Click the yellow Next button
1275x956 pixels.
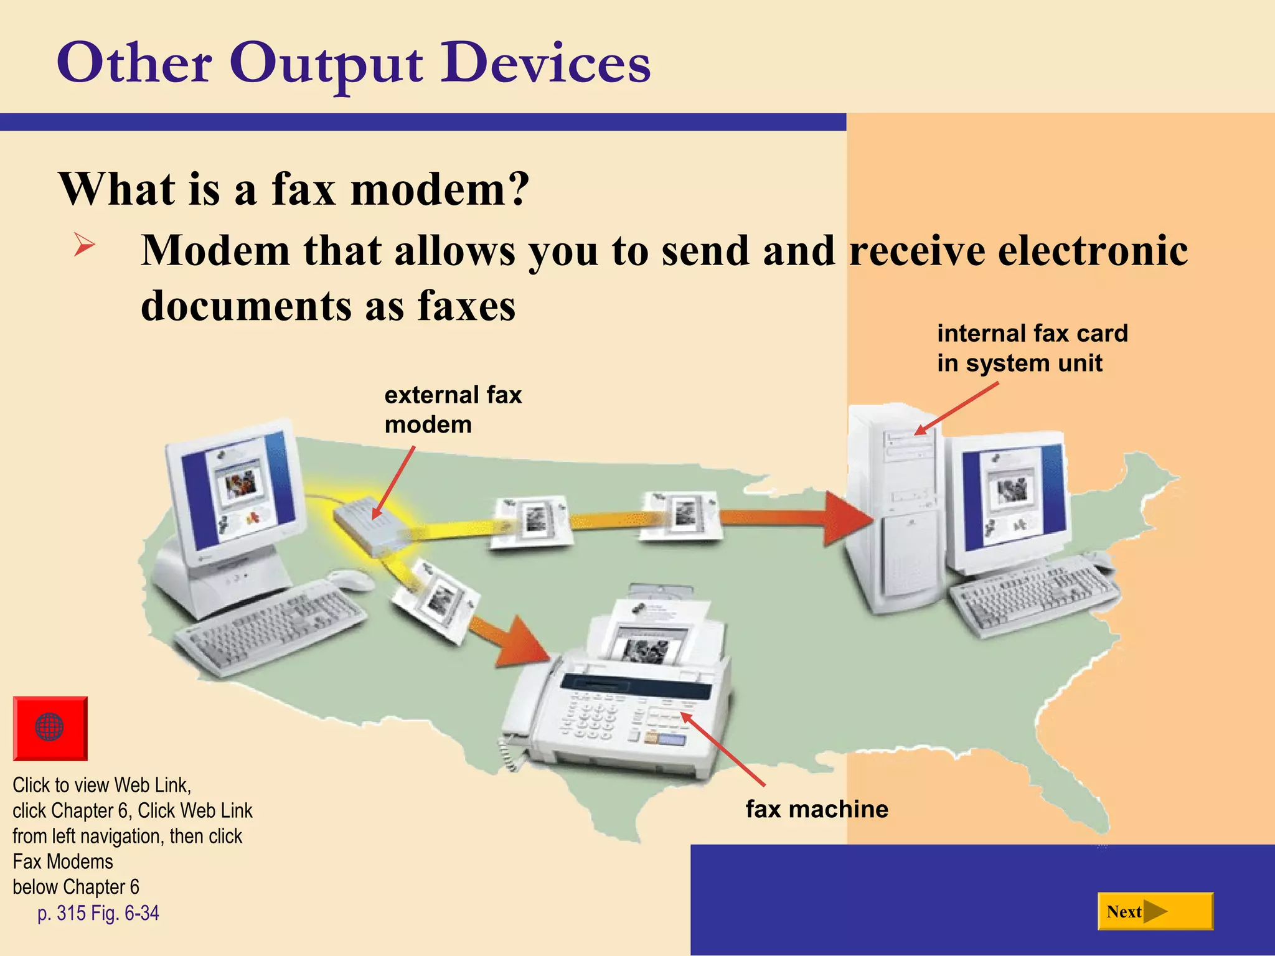1155,912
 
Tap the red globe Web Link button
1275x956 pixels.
50,728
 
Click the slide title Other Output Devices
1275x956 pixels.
353,63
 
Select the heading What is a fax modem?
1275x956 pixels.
293,189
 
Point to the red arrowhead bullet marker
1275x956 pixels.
84,244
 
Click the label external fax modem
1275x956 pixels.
453,410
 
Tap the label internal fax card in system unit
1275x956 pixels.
1032,348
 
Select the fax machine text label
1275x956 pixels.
816,809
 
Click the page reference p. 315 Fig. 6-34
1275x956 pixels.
98,913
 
